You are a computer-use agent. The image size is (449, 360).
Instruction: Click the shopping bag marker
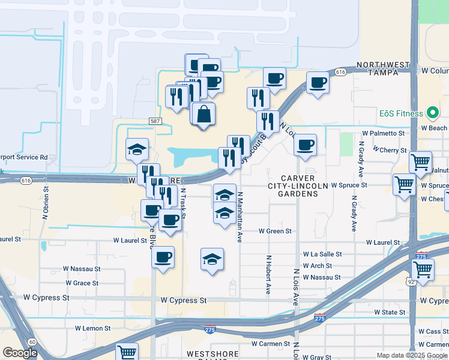[x=203, y=113]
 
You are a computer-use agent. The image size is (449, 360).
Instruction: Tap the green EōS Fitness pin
[x=432, y=113]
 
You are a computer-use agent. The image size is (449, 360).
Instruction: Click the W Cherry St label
[x=390, y=149]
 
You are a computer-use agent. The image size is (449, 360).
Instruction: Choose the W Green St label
[x=275, y=230]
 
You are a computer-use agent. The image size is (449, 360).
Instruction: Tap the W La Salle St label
[x=322, y=254]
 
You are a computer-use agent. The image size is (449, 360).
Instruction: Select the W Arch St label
[x=318, y=266]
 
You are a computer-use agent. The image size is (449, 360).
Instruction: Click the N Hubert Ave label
[x=268, y=276]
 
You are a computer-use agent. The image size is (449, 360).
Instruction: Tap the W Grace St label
[x=82, y=283]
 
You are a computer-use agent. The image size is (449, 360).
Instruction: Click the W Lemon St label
[x=93, y=328]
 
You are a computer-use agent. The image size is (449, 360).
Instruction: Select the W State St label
[x=390, y=312]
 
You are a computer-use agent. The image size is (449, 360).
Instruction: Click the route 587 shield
[x=154, y=121]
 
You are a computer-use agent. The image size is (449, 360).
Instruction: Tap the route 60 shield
[x=32, y=341]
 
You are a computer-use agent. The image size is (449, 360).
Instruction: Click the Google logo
[x=20, y=353]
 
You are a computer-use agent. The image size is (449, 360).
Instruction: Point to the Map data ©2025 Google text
[x=411, y=355]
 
